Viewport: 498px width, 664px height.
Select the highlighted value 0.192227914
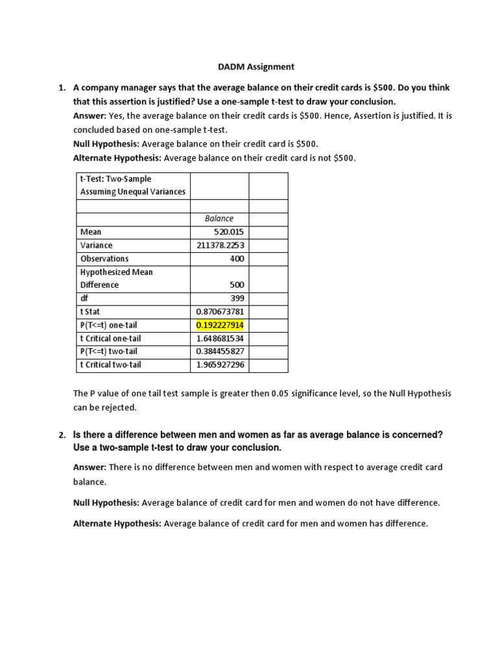(220, 325)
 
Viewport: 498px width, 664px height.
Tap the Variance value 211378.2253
(220, 245)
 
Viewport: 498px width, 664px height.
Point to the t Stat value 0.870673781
(220, 311)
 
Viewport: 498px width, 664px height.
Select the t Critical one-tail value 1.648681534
(220, 338)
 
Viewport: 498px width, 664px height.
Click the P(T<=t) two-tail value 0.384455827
(220, 351)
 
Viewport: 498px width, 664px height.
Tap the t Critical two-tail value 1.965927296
(220, 364)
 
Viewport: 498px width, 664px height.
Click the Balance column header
(219, 219)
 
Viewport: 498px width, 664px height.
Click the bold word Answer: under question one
(89, 117)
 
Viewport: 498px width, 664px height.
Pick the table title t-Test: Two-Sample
(115, 178)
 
